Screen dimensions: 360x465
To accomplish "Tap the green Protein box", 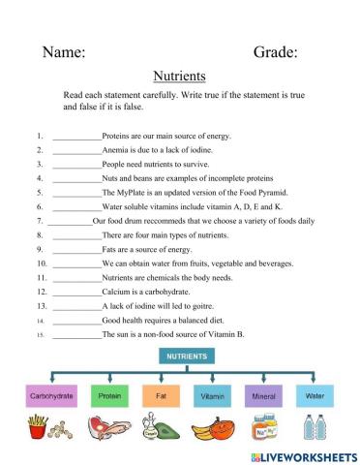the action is pyautogui.click(x=108, y=396).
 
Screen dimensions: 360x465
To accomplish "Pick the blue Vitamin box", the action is pyautogui.click(x=212, y=396).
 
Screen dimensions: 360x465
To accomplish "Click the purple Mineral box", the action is pyautogui.click(x=264, y=396).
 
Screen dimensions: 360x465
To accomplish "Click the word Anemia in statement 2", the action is pyautogui.click(x=116, y=151).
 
